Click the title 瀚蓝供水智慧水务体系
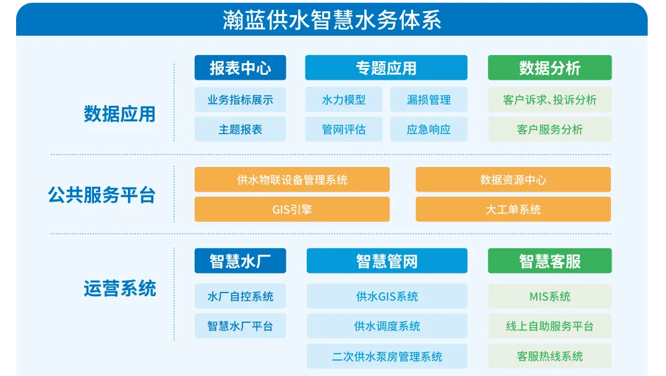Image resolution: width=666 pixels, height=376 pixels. [x=331, y=20]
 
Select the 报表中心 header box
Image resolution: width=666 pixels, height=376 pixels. [x=241, y=67]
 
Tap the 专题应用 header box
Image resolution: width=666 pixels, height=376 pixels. [x=386, y=67]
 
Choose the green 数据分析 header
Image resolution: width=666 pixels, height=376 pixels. [x=550, y=67]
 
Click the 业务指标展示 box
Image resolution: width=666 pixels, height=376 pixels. [x=241, y=100]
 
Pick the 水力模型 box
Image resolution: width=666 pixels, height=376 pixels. [x=344, y=100]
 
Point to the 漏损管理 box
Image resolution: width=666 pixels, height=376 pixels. [x=429, y=100]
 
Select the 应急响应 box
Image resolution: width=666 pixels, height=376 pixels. [x=429, y=129]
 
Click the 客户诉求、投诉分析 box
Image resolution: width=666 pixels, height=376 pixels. [x=550, y=100]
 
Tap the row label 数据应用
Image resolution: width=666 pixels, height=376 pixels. [x=120, y=114]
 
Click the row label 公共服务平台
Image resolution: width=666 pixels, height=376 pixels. [x=101, y=195]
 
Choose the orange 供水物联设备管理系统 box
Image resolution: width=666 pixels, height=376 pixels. [x=292, y=179]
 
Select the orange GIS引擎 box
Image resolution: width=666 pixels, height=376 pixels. [x=292, y=209]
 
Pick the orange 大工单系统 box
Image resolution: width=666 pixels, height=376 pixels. [x=513, y=209]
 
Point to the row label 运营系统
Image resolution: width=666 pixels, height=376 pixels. [x=120, y=288]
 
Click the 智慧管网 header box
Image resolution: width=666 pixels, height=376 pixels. [x=387, y=260]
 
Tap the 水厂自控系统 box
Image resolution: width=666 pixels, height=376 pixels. [x=241, y=296]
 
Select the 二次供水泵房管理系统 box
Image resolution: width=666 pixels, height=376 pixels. [x=387, y=356]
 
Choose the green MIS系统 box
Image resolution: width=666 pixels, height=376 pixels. [x=550, y=296]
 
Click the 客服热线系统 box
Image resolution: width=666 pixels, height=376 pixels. [x=550, y=356]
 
